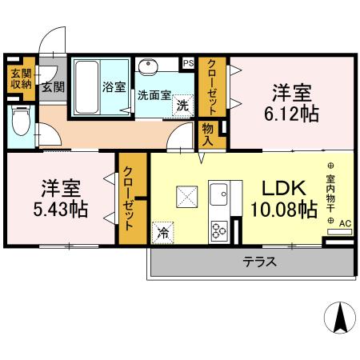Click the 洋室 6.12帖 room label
pos(293,103)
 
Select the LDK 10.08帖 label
pos(283,199)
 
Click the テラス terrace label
pos(259,262)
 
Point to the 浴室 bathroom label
pos(114,87)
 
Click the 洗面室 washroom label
pos(154,94)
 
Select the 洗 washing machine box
pos(183,105)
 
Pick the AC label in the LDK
pos(345,224)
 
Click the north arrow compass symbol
pos(339,318)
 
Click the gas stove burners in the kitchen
pos(218,230)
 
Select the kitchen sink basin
pos(219,195)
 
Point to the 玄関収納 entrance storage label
pos(17,81)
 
